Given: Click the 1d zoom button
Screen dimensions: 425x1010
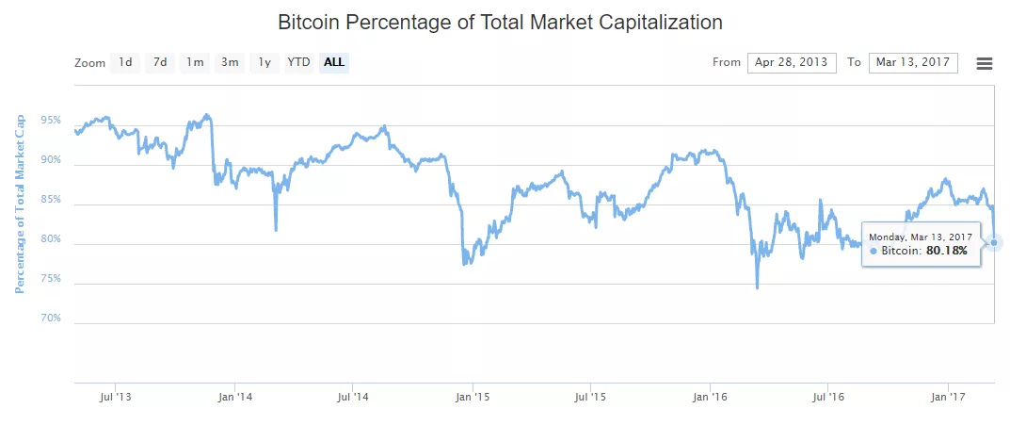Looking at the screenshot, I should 125,63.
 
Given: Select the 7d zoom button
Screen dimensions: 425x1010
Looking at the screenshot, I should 161,63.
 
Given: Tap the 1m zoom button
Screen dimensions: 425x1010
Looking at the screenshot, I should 195,63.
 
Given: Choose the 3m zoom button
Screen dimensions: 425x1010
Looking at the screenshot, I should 230,63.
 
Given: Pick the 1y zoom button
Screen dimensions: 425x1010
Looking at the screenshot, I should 265,63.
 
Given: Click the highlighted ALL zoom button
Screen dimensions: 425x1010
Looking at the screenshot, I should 334,63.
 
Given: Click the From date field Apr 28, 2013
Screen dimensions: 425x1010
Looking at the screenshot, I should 792,63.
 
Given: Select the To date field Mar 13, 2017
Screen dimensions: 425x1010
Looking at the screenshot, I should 913,63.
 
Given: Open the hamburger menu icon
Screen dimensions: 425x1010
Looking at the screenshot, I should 985,63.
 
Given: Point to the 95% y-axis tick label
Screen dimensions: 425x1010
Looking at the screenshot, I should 51,121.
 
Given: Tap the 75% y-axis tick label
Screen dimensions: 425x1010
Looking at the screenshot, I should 51,279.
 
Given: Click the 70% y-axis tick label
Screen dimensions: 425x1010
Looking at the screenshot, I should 51,319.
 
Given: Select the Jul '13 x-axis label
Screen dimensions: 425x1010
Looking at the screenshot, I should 115,398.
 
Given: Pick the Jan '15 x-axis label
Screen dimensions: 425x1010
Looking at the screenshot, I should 472,398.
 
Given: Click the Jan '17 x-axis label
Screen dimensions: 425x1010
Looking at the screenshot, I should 947,398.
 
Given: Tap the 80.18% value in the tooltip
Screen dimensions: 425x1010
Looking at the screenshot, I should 946,252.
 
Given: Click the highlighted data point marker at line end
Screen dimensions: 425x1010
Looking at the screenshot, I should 995,242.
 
